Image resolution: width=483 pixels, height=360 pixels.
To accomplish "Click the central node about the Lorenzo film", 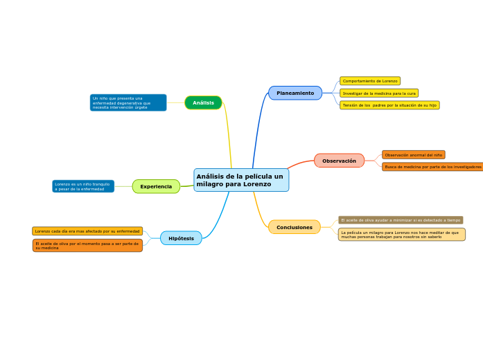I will coord(241,180).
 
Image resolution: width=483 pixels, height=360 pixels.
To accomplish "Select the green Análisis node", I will coord(203,102).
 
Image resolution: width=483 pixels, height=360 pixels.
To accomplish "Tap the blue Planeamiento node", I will coord(295,93).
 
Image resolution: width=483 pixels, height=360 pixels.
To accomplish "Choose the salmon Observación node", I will coord(339,161).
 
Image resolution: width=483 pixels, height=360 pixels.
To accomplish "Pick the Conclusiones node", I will coord(295,227).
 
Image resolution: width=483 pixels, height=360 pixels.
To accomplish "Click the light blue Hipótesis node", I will coord(181,238).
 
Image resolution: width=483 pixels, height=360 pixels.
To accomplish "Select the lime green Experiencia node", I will coord(156,186).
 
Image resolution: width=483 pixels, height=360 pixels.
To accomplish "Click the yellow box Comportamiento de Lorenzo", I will coord(370,81).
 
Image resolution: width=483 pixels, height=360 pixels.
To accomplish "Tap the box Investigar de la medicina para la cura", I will coord(379,93).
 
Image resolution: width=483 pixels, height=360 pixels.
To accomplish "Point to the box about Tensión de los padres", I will coord(389,105).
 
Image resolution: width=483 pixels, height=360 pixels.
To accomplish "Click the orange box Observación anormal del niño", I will coord(413,155).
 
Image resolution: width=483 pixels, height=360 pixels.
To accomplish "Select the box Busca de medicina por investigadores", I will coord(432,167).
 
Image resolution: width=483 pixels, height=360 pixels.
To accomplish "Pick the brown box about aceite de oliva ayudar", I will coord(401,220).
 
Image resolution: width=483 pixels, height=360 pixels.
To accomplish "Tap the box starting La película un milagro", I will coord(401,235).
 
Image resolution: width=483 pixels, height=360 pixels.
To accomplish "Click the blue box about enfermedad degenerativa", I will coord(128,102).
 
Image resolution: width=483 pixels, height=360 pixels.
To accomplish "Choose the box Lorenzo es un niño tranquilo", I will coord(83,186).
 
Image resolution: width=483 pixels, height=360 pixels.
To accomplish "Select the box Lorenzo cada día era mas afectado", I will coord(87,231).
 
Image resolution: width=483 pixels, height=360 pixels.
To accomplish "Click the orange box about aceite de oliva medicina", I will coord(87,246).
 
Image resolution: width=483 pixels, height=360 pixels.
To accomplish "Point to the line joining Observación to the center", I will coord(301,164).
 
